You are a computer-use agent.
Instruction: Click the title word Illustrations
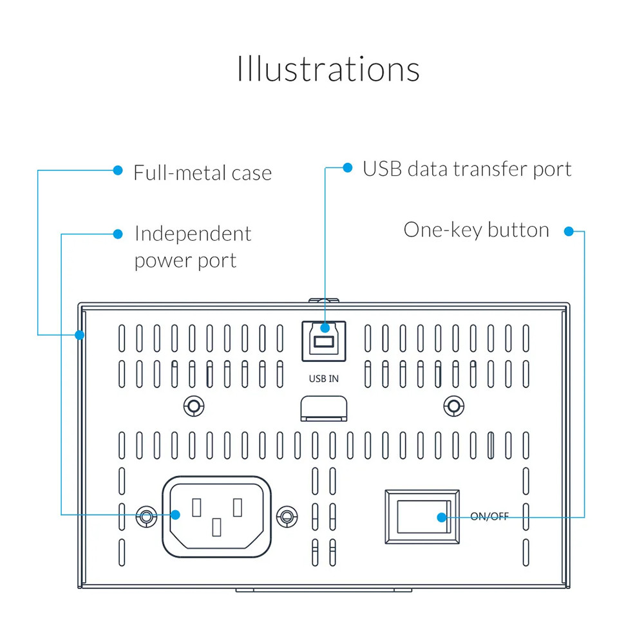tap(328, 69)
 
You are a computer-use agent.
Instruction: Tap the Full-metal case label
tap(202, 173)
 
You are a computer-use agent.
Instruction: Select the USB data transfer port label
tap(467, 169)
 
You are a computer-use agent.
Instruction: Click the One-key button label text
tap(476, 230)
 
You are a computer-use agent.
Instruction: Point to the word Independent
tap(193, 234)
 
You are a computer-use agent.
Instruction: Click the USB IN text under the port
tap(323, 379)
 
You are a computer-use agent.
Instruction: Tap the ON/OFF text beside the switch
tap(489, 516)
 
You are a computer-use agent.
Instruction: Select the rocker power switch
tap(422, 516)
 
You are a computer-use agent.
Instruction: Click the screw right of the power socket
tap(286, 516)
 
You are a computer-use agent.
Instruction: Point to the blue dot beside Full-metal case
tap(118, 170)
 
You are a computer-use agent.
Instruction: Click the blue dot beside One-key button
tap(569, 231)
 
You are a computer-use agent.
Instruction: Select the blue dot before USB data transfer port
tap(348, 167)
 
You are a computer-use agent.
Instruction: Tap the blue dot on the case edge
tap(80, 334)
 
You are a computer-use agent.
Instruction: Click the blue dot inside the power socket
tap(175, 514)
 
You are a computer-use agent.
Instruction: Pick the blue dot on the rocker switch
tap(441, 516)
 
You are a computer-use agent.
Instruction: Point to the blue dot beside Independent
tap(118, 234)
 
